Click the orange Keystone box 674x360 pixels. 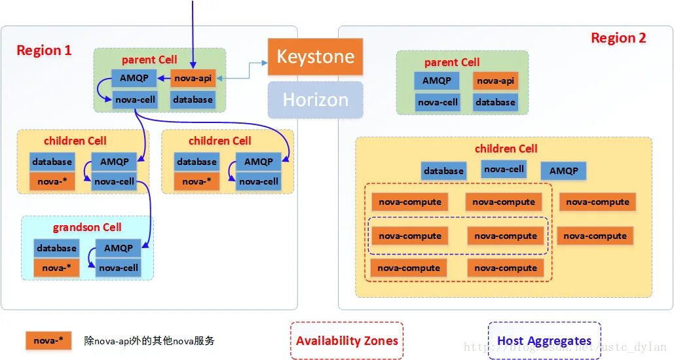coord(315,57)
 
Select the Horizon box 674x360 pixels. coord(315,99)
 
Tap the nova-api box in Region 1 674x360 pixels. coord(193,79)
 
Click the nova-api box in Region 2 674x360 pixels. coord(495,81)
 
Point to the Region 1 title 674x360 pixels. coord(44,50)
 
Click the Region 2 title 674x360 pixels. coord(618,38)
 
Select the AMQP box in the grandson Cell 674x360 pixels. coord(119,248)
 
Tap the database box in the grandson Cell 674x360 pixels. coord(56,248)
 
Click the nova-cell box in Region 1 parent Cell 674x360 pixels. coord(134,99)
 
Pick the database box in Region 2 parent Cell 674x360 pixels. coord(495,102)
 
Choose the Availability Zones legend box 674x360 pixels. coord(346,340)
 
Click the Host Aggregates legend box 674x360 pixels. coord(544,340)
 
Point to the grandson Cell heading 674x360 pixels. coord(87,227)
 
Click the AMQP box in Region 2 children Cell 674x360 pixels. coord(563,171)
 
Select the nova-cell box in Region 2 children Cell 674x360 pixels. coord(504,169)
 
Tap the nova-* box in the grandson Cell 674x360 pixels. coord(56,268)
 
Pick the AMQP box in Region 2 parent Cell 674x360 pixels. coord(436,81)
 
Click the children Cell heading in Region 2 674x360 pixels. coord(506,149)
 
